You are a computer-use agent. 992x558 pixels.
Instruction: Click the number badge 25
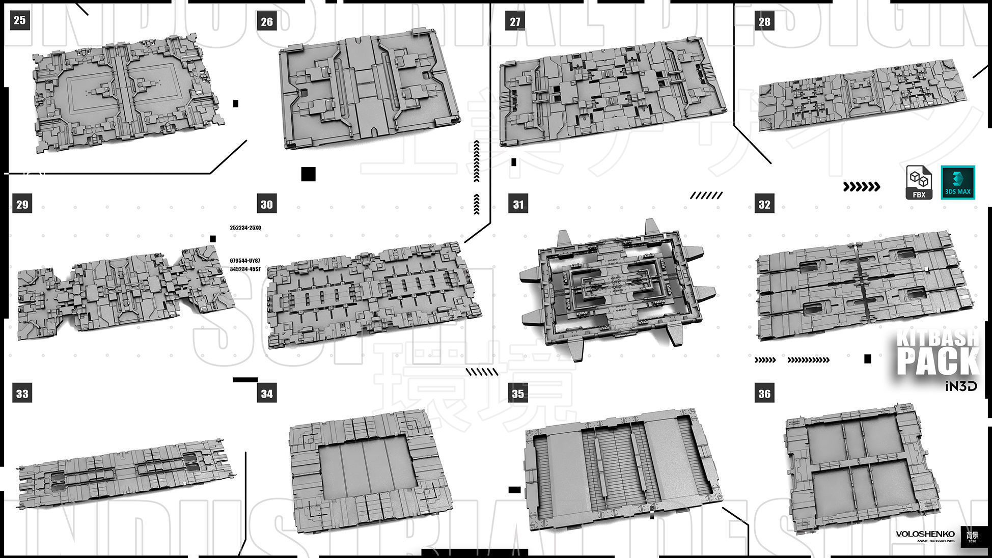tap(19, 20)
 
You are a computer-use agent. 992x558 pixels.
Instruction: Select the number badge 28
tap(764, 21)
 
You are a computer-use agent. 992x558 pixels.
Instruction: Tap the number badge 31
tap(518, 204)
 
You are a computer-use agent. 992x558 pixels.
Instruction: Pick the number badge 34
tap(267, 393)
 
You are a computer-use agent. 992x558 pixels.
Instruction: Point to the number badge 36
tap(764, 393)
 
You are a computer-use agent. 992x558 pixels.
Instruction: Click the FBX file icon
tap(919, 182)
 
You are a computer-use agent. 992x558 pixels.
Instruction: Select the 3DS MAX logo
tap(957, 182)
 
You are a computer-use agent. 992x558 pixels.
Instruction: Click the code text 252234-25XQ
tap(245, 228)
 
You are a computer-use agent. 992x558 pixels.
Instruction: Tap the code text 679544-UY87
tap(245, 261)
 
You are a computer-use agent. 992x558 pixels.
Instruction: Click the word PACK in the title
tap(937, 361)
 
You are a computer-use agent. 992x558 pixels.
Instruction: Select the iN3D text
tap(960, 386)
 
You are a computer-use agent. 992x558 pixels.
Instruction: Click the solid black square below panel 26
tap(308, 174)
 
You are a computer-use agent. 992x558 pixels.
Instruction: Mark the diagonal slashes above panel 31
tap(706, 196)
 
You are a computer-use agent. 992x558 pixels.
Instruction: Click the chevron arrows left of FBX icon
tap(862, 187)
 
